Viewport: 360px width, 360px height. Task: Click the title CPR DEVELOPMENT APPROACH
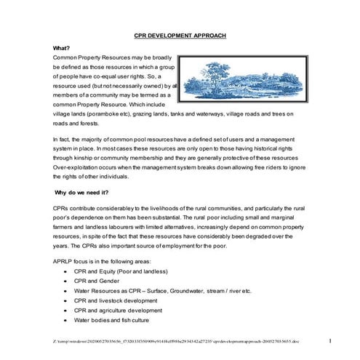(x=180, y=35)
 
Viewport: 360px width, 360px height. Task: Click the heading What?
(x=62, y=47)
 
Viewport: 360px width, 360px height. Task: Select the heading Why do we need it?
(x=82, y=192)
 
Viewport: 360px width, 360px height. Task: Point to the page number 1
(x=329, y=340)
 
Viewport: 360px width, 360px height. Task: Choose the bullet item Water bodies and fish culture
(x=113, y=320)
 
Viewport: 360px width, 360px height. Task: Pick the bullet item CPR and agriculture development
(x=118, y=310)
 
